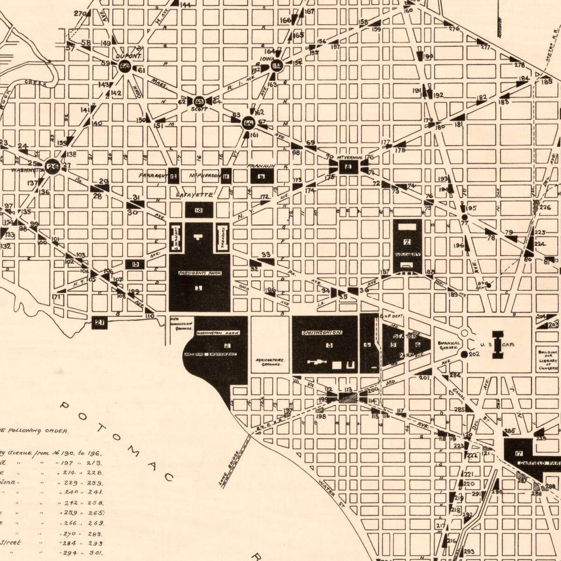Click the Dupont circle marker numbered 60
pos(124,66)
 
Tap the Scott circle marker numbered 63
pos(199,101)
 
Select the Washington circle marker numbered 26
pos(52,165)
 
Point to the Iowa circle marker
pos(277,66)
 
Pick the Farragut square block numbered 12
pos(173,176)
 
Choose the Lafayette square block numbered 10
pos(199,210)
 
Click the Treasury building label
pos(223,236)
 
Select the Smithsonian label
pos(322,333)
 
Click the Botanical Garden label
pos(449,345)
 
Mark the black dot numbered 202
pos(464,354)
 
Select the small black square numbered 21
pos(100,322)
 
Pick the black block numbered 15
pos(136,264)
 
